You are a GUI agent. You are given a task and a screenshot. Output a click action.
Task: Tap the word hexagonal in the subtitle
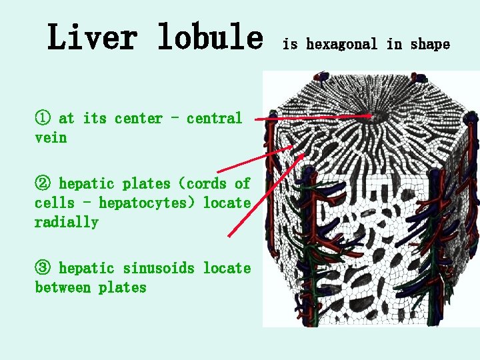342,45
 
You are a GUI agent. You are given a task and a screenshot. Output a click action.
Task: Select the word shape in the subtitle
430,45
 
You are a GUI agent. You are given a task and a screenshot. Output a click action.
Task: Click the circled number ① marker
42,119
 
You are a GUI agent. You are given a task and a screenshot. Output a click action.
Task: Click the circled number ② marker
42,183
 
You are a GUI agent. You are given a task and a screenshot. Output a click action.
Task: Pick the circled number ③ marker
42,269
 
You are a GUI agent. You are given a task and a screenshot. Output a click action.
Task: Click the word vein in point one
51,138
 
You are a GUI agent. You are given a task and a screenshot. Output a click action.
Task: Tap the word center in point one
139,119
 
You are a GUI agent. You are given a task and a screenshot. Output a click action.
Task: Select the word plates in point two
153,183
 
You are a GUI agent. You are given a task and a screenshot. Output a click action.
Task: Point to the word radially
66,222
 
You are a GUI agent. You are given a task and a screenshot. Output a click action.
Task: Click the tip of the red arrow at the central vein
371,116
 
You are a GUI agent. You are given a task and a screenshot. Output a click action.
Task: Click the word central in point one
214,119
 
